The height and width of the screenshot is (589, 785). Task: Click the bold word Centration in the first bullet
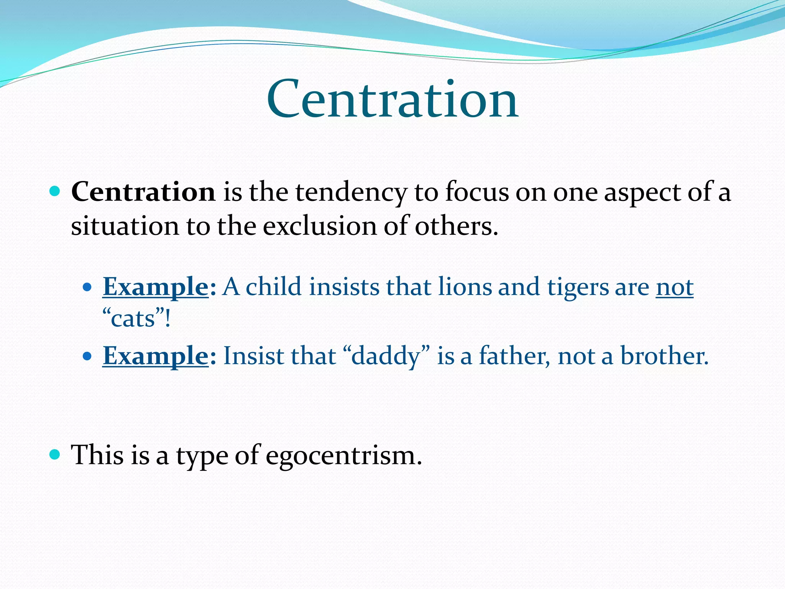[143, 192]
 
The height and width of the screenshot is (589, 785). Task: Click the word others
[456, 226]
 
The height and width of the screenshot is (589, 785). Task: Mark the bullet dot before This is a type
[55, 455]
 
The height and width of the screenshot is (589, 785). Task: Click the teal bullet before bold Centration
[55, 191]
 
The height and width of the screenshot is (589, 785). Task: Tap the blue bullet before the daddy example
[87, 356]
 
